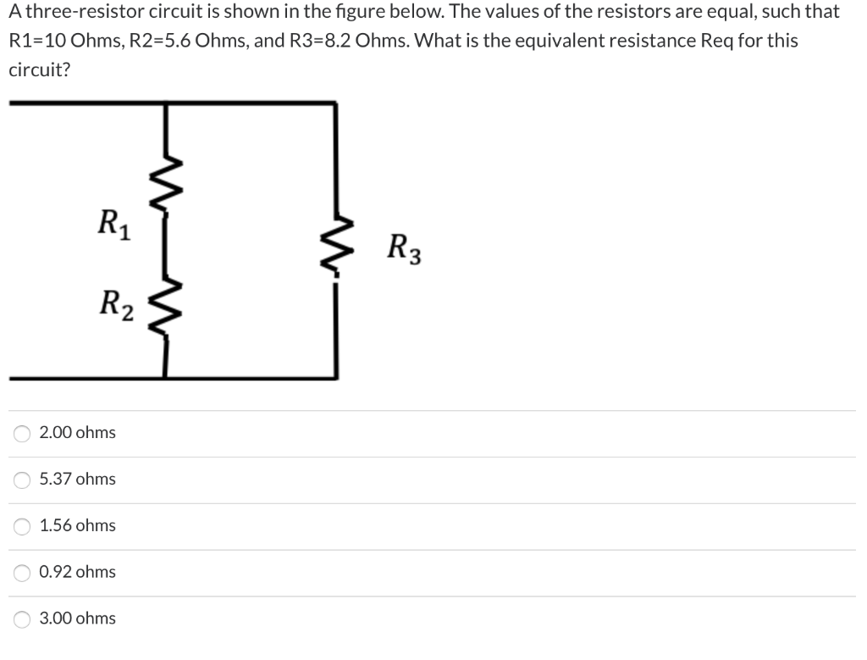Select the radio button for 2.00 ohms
click(x=22, y=434)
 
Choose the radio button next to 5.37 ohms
click(x=22, y=480)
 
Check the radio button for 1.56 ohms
click(x=22, y=527)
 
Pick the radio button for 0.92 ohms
click(x=22, y=574)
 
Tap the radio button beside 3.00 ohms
click(x=22, y=619)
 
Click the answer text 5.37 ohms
click(x=78, y=480)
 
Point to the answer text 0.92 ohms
click(x=78, y=572)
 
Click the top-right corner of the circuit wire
click(x=336, y=103)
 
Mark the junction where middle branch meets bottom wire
click(x=163, y=377)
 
